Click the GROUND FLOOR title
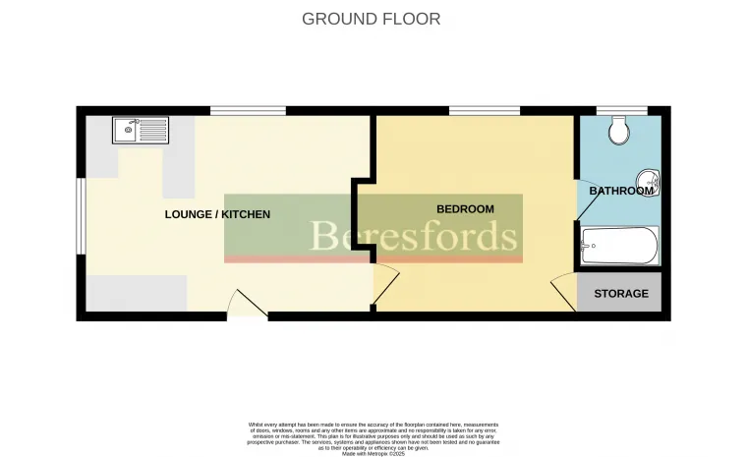pyautogui.click(x=371, y=19)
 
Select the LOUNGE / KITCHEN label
pyautogui.click(x=217, y=214)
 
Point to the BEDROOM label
pyautogui.click(x=465, y=208)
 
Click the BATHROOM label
pyautogui.click(x=621, y=191)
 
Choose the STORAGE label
pyautogui.click(x=620, y=293)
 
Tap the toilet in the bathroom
pyautogui.click(x=619, y=131)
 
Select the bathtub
pyautogui.click(x=619, y=246)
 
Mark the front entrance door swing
pyautogui.click(x=246, y=305)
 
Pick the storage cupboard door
pyautogui.click(x=564, y=293)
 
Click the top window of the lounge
pyautogui.click(x=248, y=111)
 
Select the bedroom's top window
pyautogui.click(x=485, y=111)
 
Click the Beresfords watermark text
pyautogui.click(x=414, y=237)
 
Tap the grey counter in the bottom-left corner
pyautogui.click(x=137, y=292)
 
